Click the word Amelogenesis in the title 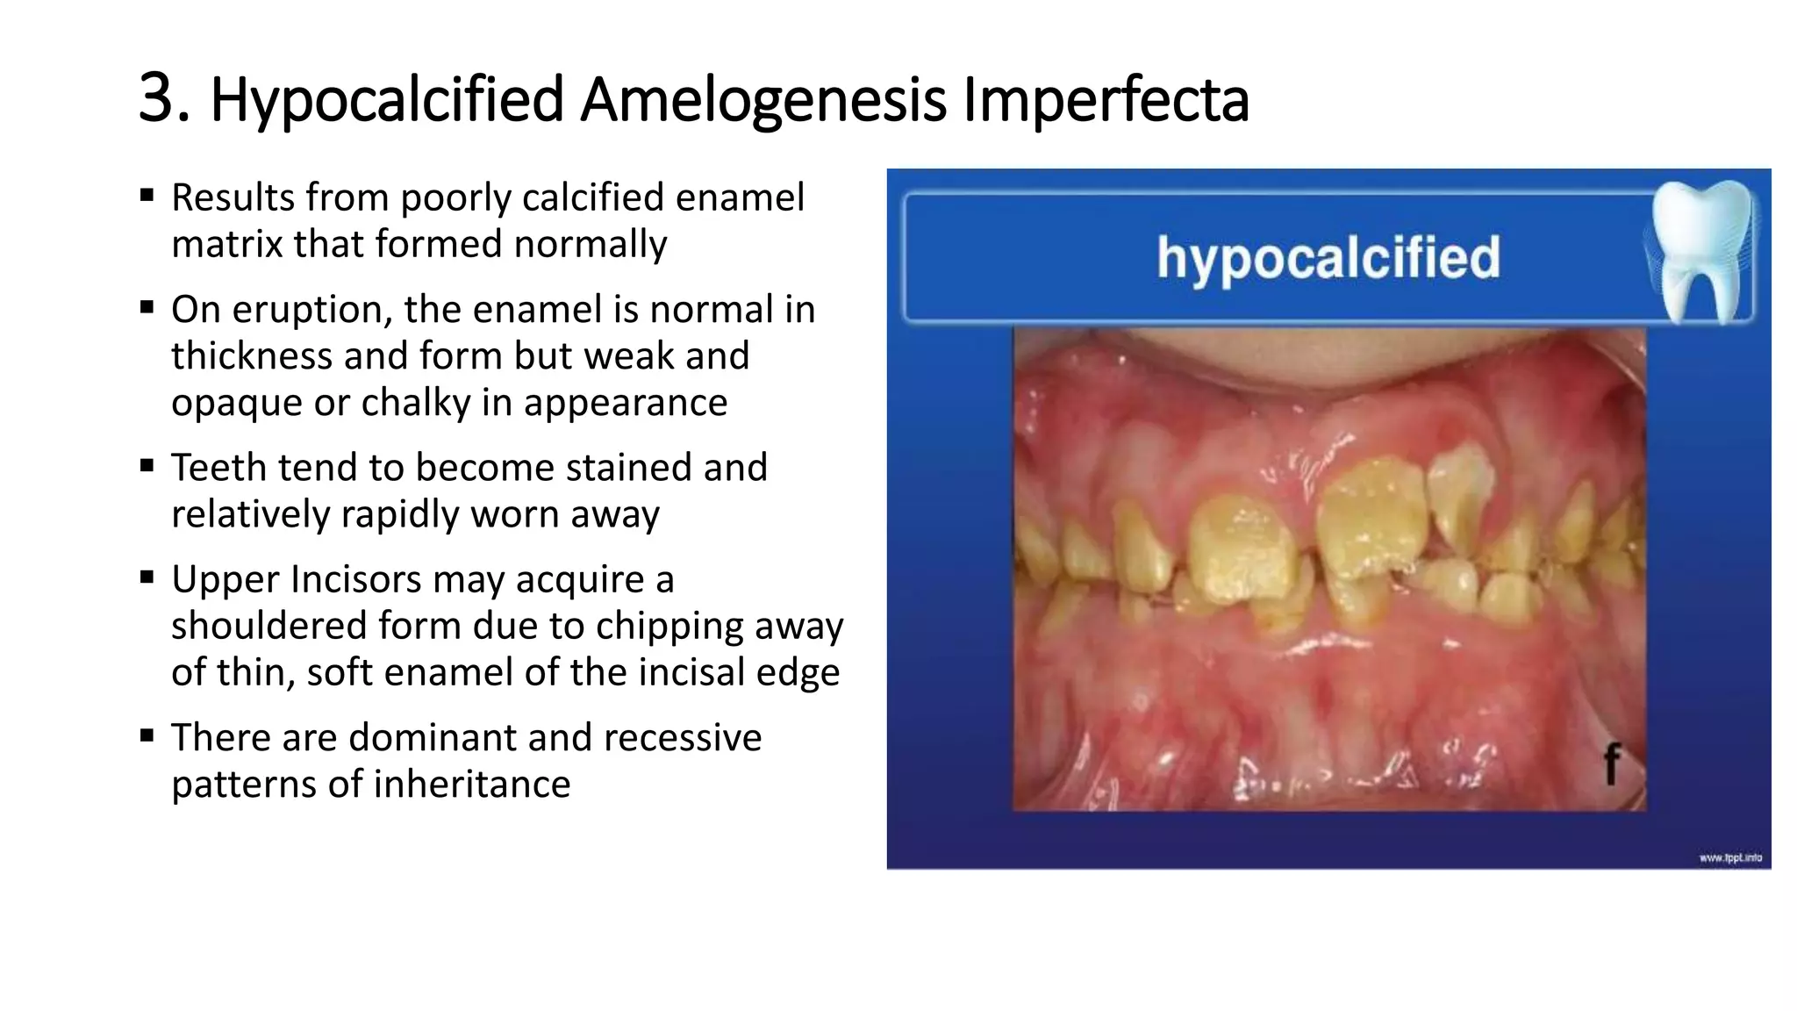[x=762, y=100]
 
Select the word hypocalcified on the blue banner [x=1328, y=257]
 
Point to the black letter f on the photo [x=1611, y=764]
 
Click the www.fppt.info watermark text [x=1729, y=857]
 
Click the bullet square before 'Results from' [x=147, y=195]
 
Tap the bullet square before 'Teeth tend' [x=147, y=465]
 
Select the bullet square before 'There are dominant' [x=147, y=735]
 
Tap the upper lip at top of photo [x=1329, y=360]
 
